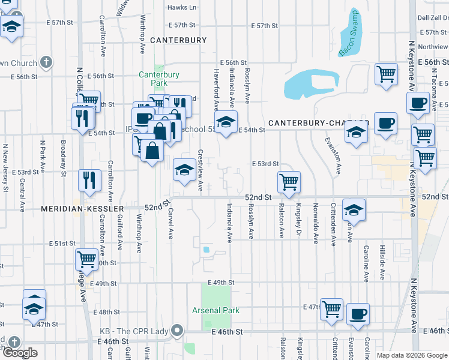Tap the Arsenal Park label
click(x=215, y=310)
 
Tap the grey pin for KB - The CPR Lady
click(x=177, y=330)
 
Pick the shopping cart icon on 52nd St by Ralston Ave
click(x=289, y=181)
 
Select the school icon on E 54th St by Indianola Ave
click(x=226, y=122)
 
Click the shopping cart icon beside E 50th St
click(x=86, y=259)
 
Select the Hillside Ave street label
click(x=382, y=262)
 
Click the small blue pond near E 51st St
click(x=206, y=250)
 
